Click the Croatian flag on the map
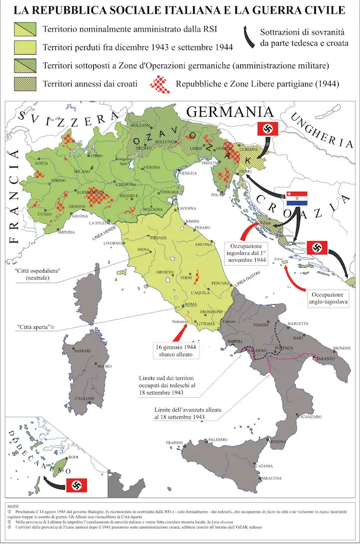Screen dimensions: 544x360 [296, 198]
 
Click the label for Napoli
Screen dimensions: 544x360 [234, 341]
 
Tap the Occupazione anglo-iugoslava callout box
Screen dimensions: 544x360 [328, 299]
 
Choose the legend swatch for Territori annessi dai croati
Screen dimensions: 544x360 [24, 84]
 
